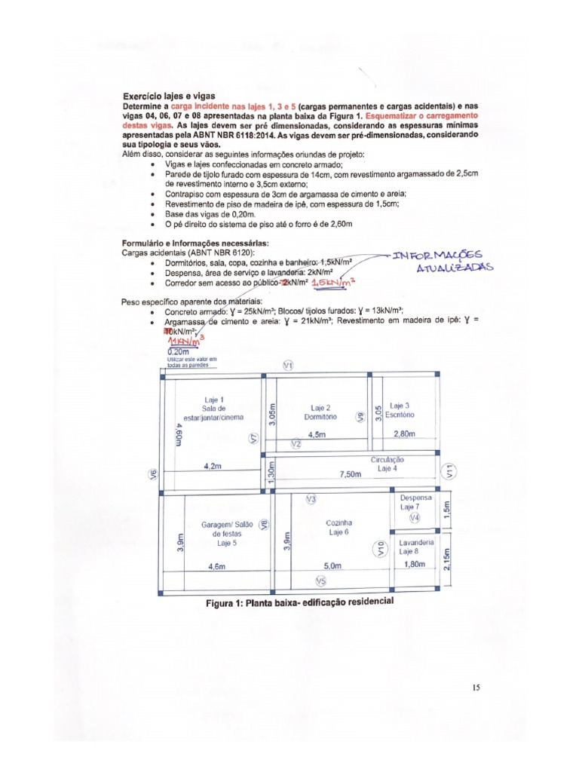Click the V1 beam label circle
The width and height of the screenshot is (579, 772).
tap(287, 366)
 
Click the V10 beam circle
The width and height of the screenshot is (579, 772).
tap(381, 548)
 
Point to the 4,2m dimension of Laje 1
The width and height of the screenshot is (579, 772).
tap(213, 467)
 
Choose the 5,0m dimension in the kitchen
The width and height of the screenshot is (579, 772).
tap(332, 565)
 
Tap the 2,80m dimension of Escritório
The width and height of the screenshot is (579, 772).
tap(405, 434)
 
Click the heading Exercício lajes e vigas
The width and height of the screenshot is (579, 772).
tap(170, 96)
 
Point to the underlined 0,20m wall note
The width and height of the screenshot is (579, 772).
tap(178, 351)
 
